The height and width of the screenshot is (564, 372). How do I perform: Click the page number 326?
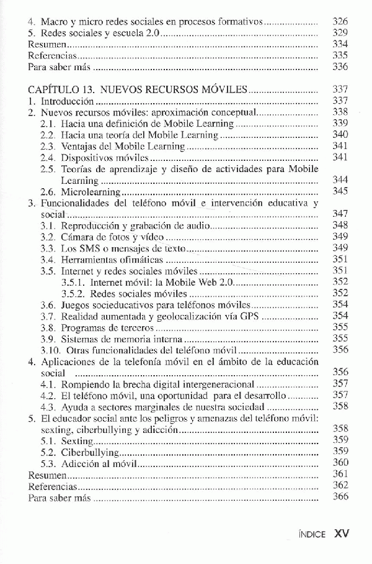[340, 21]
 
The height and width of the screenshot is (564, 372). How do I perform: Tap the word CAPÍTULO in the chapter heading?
[52, 89]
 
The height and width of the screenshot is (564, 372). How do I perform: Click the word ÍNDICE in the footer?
[311, 533]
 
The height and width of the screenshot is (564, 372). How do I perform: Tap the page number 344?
[340, 180]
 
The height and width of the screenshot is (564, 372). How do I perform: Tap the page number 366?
[340, 498]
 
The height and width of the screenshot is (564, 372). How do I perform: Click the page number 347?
[340, 214]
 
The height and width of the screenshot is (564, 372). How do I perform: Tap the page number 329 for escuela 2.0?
[340, 32]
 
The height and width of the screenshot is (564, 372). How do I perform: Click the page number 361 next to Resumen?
[340, 475]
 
